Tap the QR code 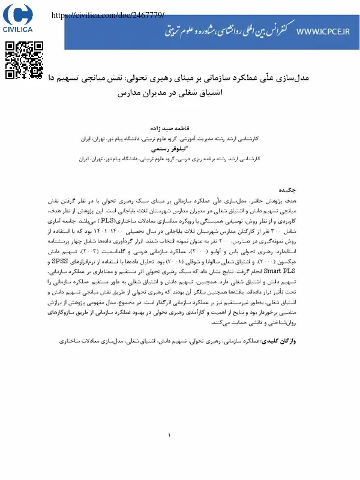[25, 60]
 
